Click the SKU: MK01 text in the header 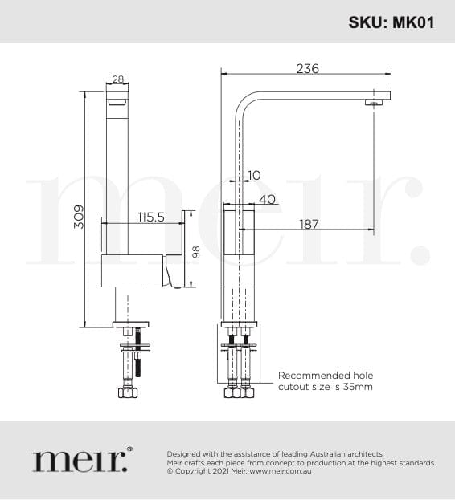[391, 22]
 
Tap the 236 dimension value [307, 68]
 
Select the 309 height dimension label [79, 217]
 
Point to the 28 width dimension [118, 79]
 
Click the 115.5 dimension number [151, 217]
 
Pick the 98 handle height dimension [195, 252]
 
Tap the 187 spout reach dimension [309, 224]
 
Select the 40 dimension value [267, 199]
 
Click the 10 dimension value [254, 175]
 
